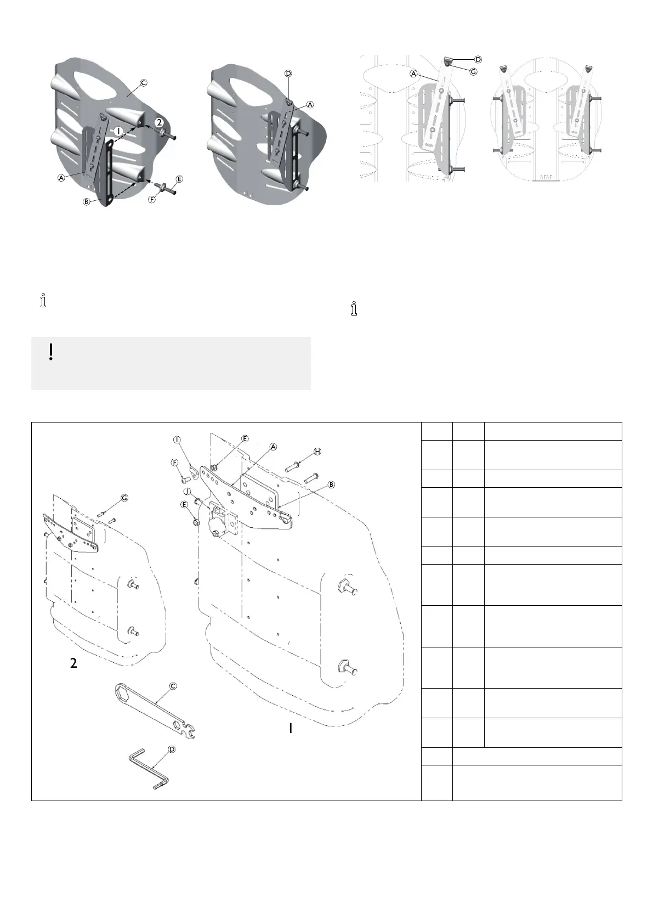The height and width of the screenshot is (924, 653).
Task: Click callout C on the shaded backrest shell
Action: [143, 83]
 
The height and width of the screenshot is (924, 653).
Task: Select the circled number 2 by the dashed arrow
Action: [158, 122]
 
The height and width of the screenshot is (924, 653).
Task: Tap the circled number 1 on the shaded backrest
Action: [119, 131]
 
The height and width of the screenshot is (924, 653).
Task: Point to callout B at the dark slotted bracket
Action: [86, 202]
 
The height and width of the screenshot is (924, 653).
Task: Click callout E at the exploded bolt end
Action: [179, 179]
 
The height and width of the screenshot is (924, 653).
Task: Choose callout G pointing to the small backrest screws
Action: [124, 498]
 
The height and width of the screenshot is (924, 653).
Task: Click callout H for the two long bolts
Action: [317, 451]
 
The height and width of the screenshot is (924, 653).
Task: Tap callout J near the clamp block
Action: [186, 490]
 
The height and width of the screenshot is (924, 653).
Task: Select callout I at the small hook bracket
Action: [177, 440]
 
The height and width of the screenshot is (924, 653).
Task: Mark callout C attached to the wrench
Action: [173, 686]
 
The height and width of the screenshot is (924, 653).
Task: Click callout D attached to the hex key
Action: [172, 749]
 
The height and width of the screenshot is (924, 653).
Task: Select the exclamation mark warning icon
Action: [51, 352]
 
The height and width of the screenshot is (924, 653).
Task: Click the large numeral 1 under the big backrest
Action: [291, 728]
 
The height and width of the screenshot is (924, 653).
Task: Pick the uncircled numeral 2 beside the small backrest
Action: [74, 663]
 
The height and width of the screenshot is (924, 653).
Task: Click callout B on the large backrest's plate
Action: [332, 484]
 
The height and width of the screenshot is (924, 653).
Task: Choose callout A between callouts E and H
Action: [272, 447]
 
